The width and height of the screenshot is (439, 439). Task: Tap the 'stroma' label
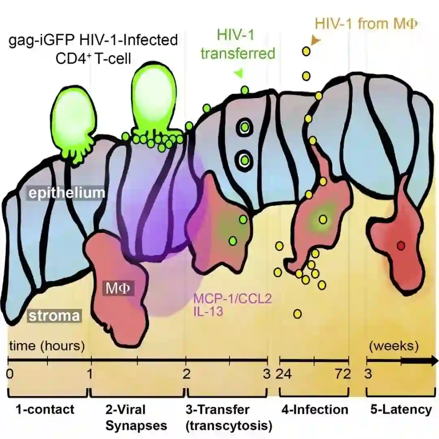point(54,316)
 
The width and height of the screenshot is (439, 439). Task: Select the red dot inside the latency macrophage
point(401,246)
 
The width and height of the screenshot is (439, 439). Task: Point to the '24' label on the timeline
point(285,374)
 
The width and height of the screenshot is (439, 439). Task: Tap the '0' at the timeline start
point(10,374)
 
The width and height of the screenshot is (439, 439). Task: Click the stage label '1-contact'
point(45,409)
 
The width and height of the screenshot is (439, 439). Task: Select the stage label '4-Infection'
point(315,409)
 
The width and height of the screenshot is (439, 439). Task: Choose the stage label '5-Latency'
point(400,409)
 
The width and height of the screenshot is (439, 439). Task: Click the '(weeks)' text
point(393,346)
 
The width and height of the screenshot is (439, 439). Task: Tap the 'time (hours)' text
point(47,346)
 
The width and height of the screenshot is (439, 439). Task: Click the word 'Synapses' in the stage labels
point(136,426)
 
